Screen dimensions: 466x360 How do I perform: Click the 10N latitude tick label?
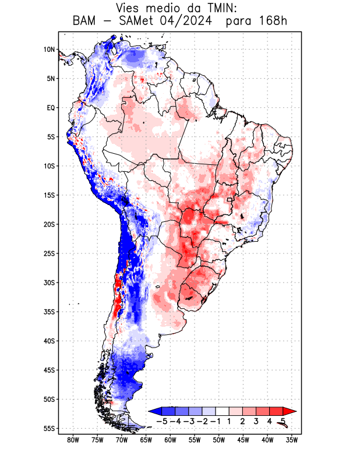[49, 50]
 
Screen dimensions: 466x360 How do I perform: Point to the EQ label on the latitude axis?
[50, 108]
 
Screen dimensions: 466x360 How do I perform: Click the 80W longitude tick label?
[73, 440]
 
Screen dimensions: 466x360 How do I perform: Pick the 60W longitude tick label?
[170, 440]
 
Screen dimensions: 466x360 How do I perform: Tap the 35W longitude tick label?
[292, 440]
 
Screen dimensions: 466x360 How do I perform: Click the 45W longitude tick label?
[243, 440]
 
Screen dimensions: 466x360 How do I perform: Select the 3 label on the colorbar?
[256, 421]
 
